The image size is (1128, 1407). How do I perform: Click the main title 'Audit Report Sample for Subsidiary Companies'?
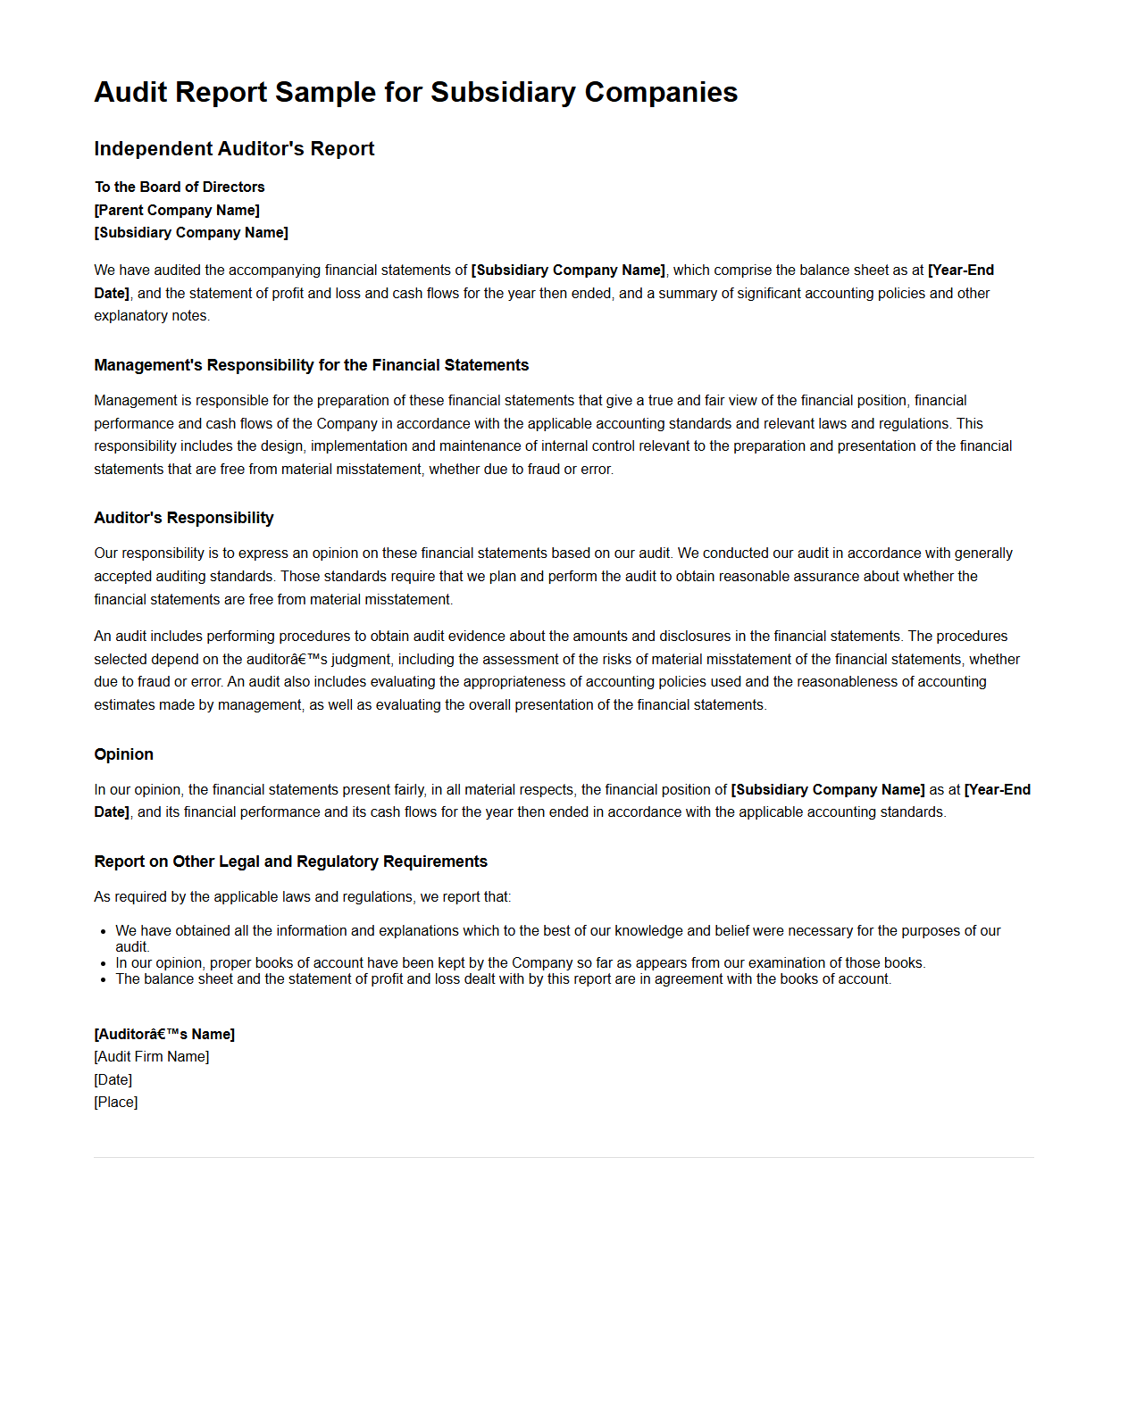pos(415,92)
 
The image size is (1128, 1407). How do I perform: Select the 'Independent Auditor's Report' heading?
pos(234,149)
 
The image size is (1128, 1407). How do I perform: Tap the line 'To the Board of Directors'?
pos(180,187)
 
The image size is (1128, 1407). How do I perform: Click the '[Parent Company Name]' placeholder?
pos(177,210)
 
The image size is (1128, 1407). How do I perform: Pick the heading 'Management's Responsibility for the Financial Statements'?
pos(311,365)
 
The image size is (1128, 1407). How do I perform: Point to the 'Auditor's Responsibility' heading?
pos(184,518)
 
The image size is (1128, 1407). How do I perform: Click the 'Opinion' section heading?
pos(123,754)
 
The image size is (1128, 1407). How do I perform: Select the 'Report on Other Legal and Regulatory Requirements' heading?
pos(290,862)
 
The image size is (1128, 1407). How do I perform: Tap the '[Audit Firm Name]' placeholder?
pos(152,1056)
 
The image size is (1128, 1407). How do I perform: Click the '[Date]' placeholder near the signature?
pos(113,1079)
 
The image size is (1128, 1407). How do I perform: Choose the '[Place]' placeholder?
pos(116,1102)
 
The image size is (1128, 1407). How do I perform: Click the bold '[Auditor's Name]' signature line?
pos(164,1034)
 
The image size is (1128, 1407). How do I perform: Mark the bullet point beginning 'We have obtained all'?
pos(105,931)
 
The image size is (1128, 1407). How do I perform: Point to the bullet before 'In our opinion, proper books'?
pos(105,963)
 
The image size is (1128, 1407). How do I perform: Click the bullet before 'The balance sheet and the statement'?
pos(105,979)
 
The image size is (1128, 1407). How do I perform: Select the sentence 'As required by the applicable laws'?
pos(302,896)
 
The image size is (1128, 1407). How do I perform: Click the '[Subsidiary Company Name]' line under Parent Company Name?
pos(191,232)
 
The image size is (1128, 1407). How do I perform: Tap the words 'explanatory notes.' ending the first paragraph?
pos(152,315)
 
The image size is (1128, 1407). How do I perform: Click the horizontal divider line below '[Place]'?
pos(564,1157)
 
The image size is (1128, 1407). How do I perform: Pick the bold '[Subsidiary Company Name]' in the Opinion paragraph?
pos(828,789)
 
